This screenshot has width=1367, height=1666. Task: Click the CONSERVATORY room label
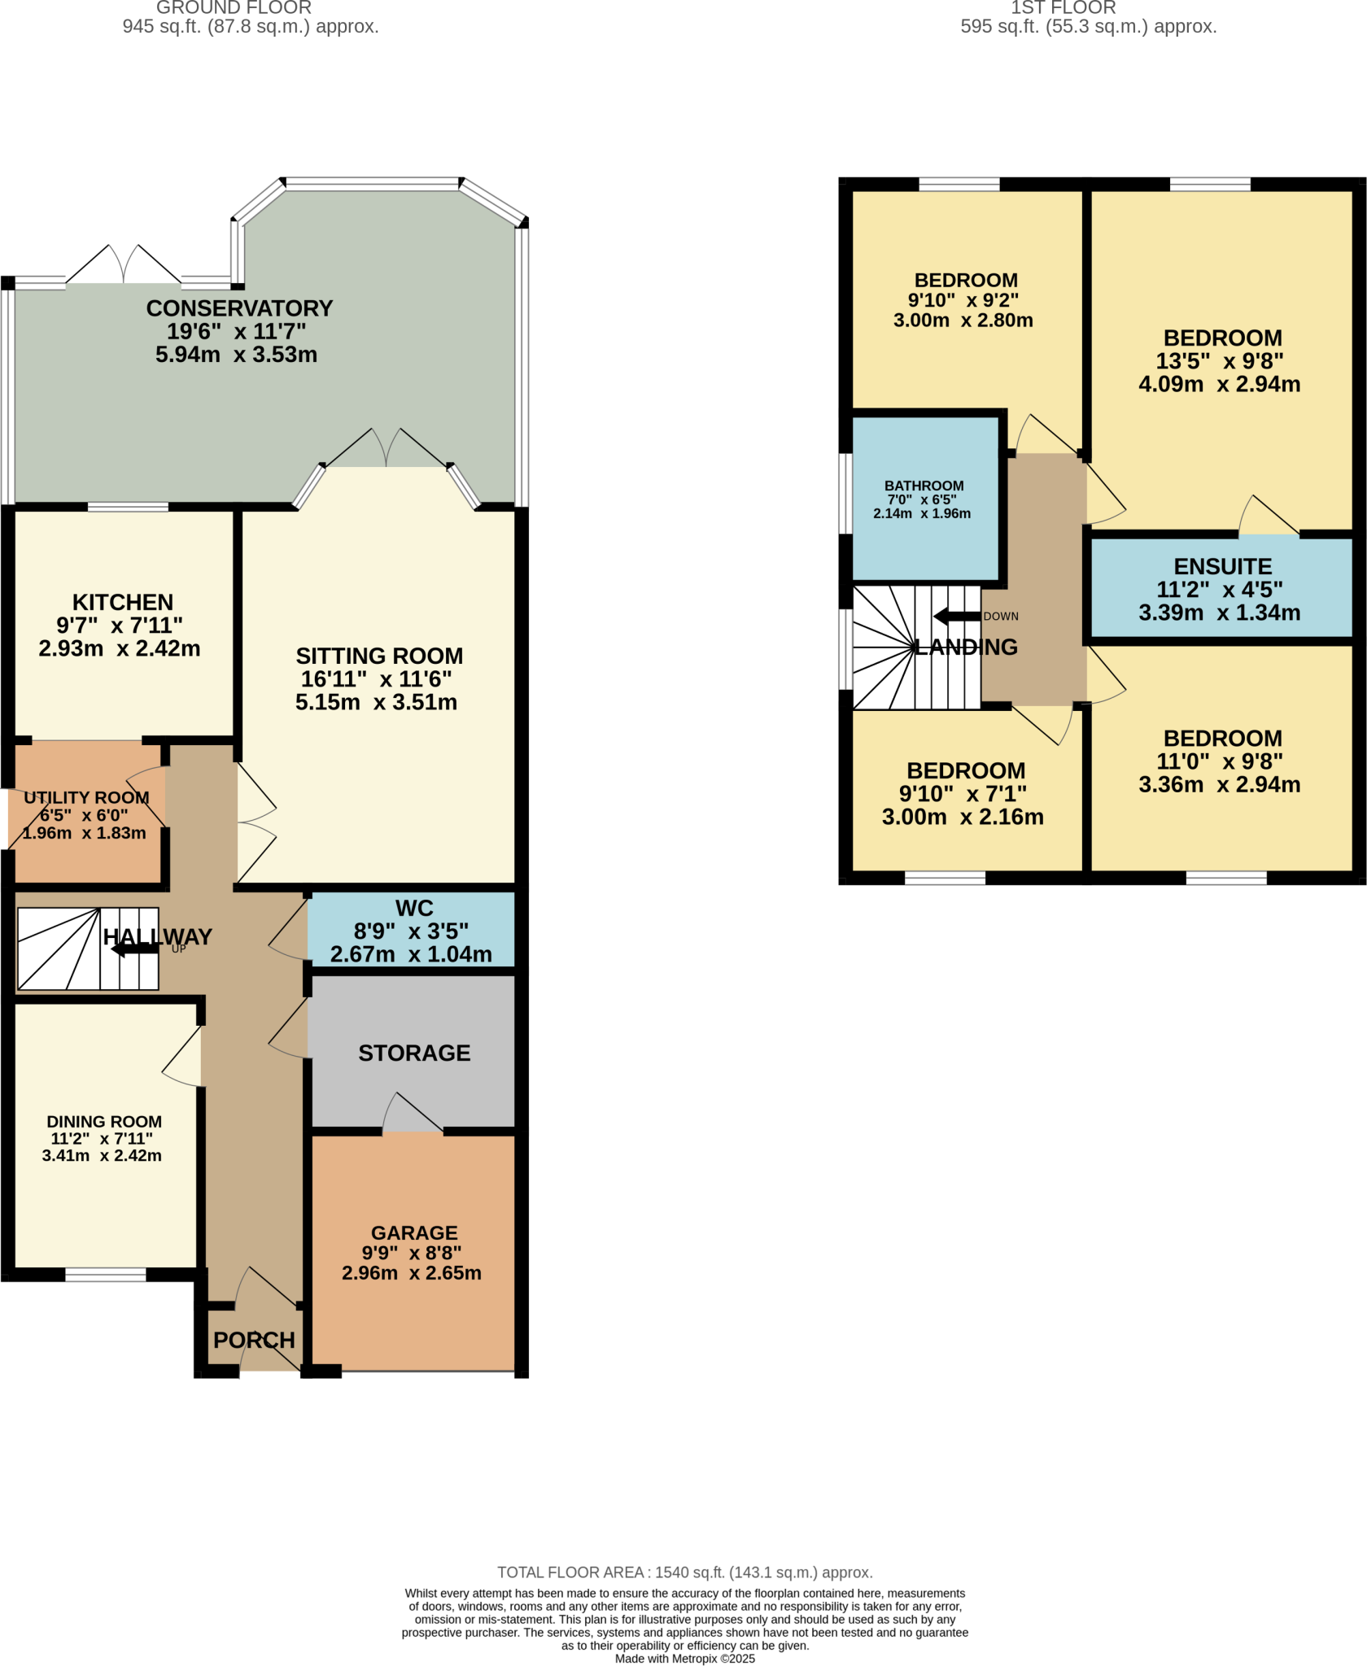(239, 308)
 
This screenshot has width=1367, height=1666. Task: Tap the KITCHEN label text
(123, 602)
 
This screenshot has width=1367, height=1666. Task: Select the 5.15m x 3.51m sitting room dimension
(376, 702)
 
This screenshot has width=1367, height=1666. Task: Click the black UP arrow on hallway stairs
(134, 949)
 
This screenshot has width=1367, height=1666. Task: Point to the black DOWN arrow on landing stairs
(957, 616)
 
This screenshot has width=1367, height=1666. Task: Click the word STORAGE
(414, 1053)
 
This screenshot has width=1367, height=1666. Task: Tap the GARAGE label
(414, 1232)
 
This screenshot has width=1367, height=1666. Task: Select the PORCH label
(254, 1340)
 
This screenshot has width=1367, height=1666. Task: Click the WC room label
(414, 908)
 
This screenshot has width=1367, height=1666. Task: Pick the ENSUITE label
(1222, 566)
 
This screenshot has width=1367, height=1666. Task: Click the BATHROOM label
(924, 486)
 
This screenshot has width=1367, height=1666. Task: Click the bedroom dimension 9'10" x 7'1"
(963, 793)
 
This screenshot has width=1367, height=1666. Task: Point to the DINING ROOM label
(104, 1121)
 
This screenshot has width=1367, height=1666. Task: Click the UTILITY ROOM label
(86, 797)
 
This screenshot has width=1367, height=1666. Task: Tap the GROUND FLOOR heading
(234, 8)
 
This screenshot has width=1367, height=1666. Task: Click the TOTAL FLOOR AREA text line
(684, 1572)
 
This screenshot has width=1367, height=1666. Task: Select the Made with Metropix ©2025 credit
(684, 1659)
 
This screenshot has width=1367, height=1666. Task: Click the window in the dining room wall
(106, 1274)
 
